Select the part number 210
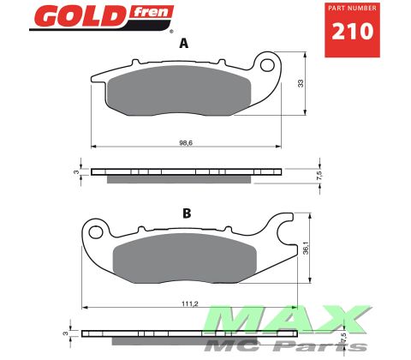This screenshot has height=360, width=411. [351, 33]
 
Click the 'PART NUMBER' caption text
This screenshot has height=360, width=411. [351, 9]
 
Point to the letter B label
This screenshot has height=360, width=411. [187, 210]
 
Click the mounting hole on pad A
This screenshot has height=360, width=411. [267, 65]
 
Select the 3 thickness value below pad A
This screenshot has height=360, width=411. [75, 171]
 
